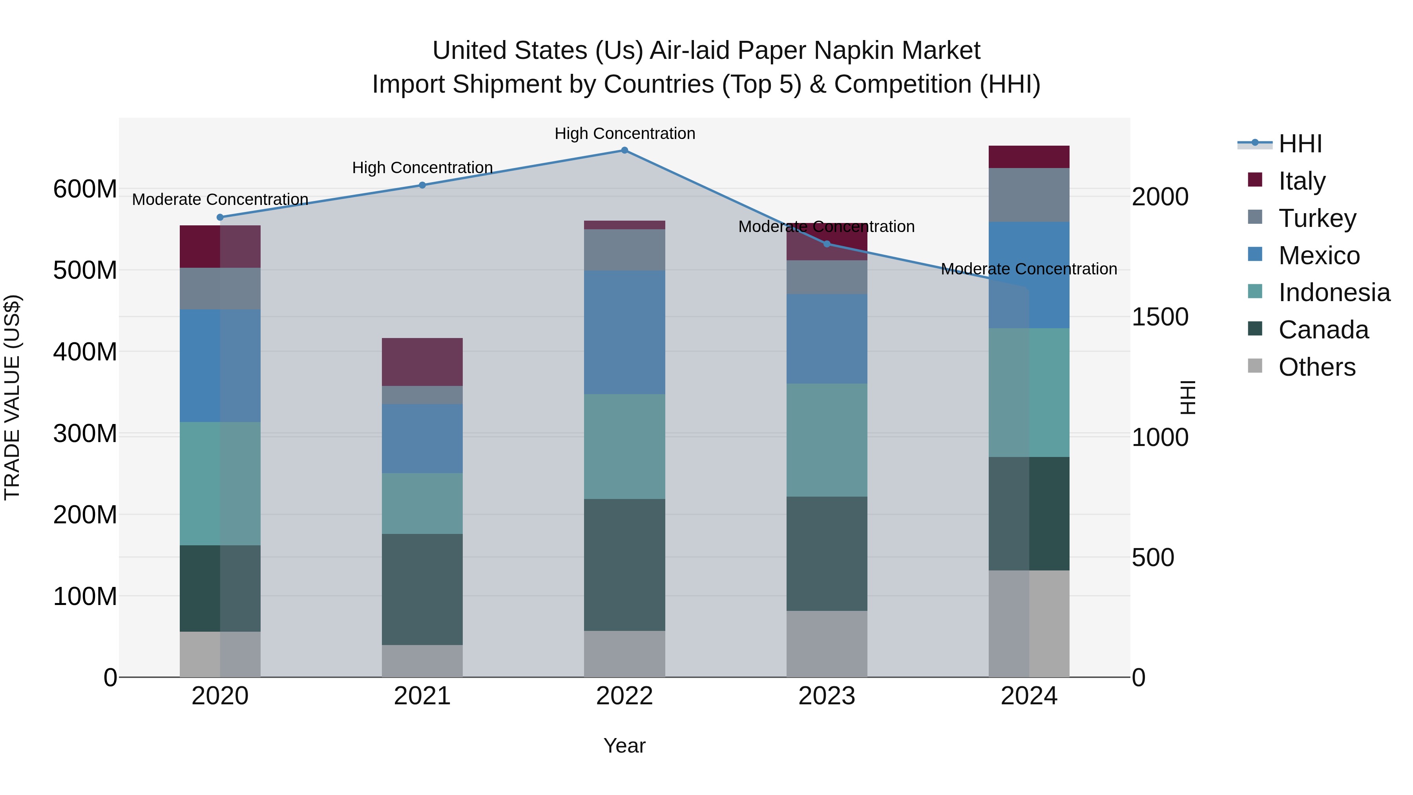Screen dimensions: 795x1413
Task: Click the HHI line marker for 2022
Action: pos(624,150)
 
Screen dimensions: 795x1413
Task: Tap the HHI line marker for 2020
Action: pos(220,217)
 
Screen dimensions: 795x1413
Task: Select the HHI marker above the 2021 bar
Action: pos(422,185)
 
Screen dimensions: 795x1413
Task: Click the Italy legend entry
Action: pos(1302,181)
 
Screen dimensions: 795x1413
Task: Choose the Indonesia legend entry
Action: pos(1334,292)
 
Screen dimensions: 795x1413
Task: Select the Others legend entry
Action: pos(1316,367)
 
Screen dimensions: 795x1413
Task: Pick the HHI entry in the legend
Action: pos(1300,144)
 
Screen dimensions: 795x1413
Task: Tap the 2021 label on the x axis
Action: pos(422,696)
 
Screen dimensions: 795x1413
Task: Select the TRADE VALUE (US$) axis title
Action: pos(12,397)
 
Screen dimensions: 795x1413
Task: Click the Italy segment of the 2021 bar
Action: pos(422,362)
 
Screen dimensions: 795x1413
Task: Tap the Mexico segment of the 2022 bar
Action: pos(624,332)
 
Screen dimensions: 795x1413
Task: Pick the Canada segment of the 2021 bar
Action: pos(422,589)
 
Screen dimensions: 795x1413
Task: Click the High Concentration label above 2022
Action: pos(624,133)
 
